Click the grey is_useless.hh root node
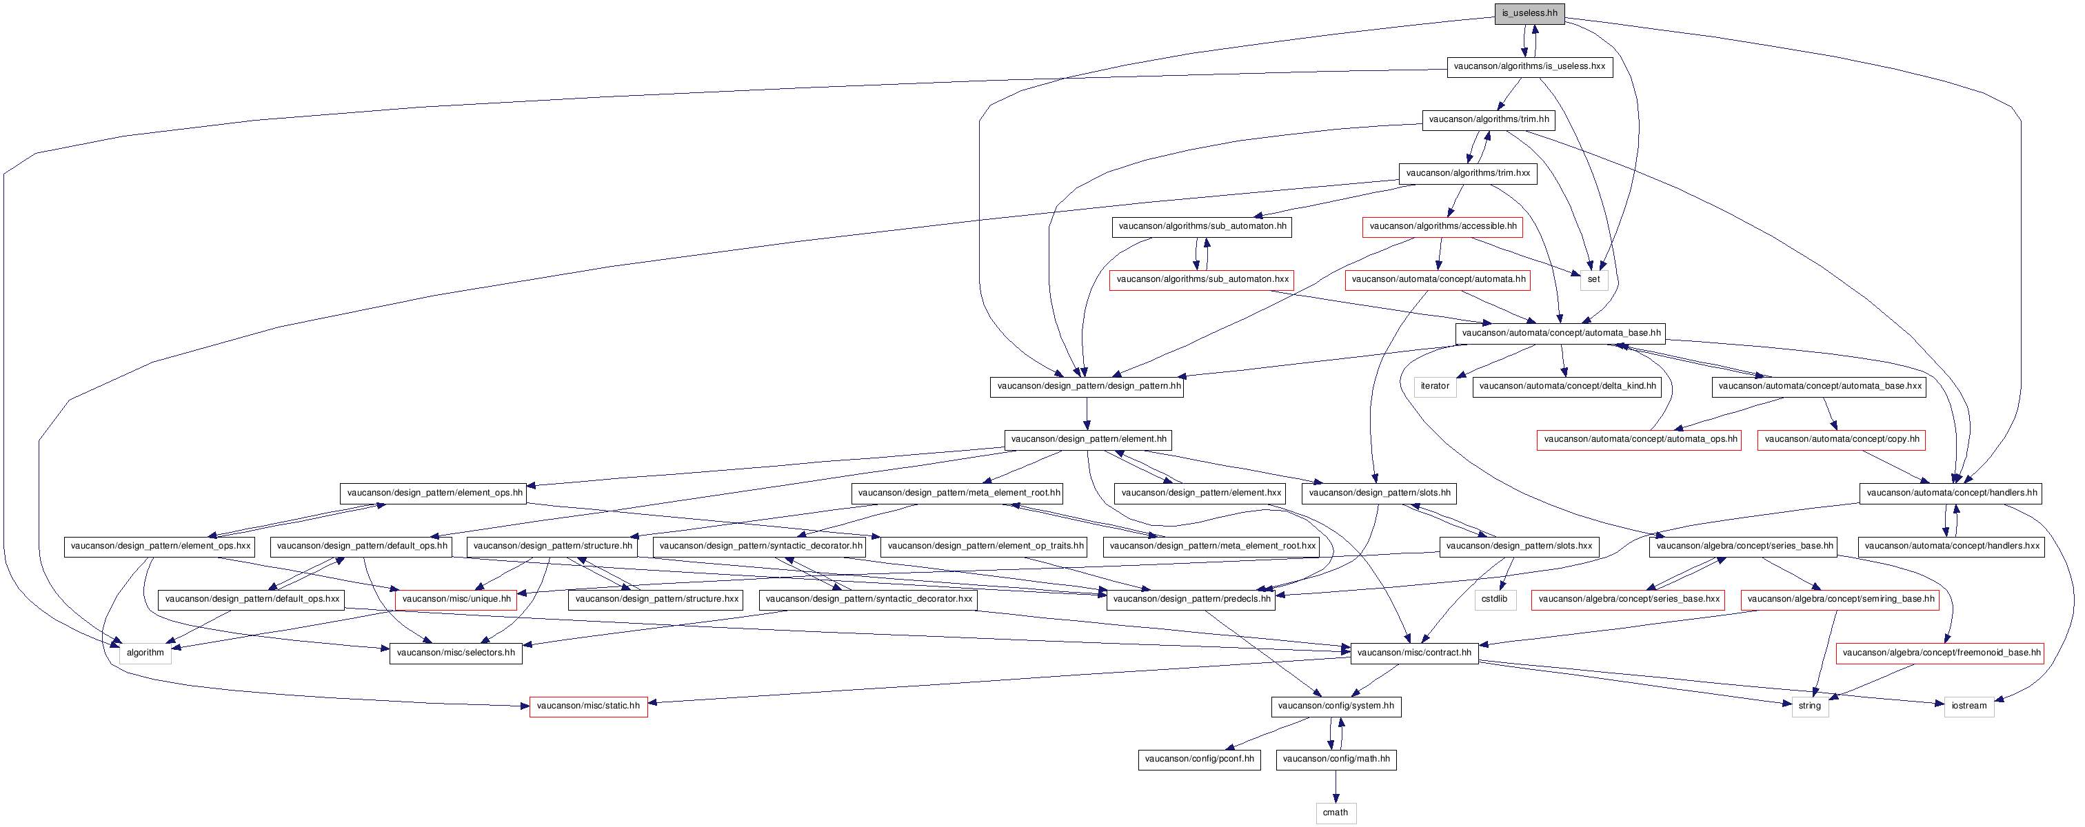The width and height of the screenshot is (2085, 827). click(x=1529, y=14)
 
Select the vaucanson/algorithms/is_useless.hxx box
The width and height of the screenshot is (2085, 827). click(x=1529, y=67)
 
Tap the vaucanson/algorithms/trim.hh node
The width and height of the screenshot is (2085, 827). click(x=1489, y=120)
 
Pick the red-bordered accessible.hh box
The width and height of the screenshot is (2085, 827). click(x=1442, y=227)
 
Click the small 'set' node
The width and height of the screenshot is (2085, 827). click(x=1593, y=280)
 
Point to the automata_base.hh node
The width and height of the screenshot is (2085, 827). click(x=1560, y=334)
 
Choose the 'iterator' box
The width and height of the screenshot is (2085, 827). click(x=1434, y=387)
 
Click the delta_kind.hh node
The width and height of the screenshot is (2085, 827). click(x=1567, y=387)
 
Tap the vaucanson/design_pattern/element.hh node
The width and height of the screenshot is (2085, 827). click(x=1088, y=440)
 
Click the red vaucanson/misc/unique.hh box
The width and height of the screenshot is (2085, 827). click(x=456, y=600)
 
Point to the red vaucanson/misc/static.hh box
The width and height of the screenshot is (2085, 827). click(x=588, y=706)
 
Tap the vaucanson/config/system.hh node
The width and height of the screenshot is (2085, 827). click(x=1336, y=706)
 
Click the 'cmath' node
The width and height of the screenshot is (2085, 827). click(x=1336, y=813)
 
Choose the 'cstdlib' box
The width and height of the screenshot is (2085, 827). click(x=1494, y=600)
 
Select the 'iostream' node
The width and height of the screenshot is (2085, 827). click(x=1968, y=706)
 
